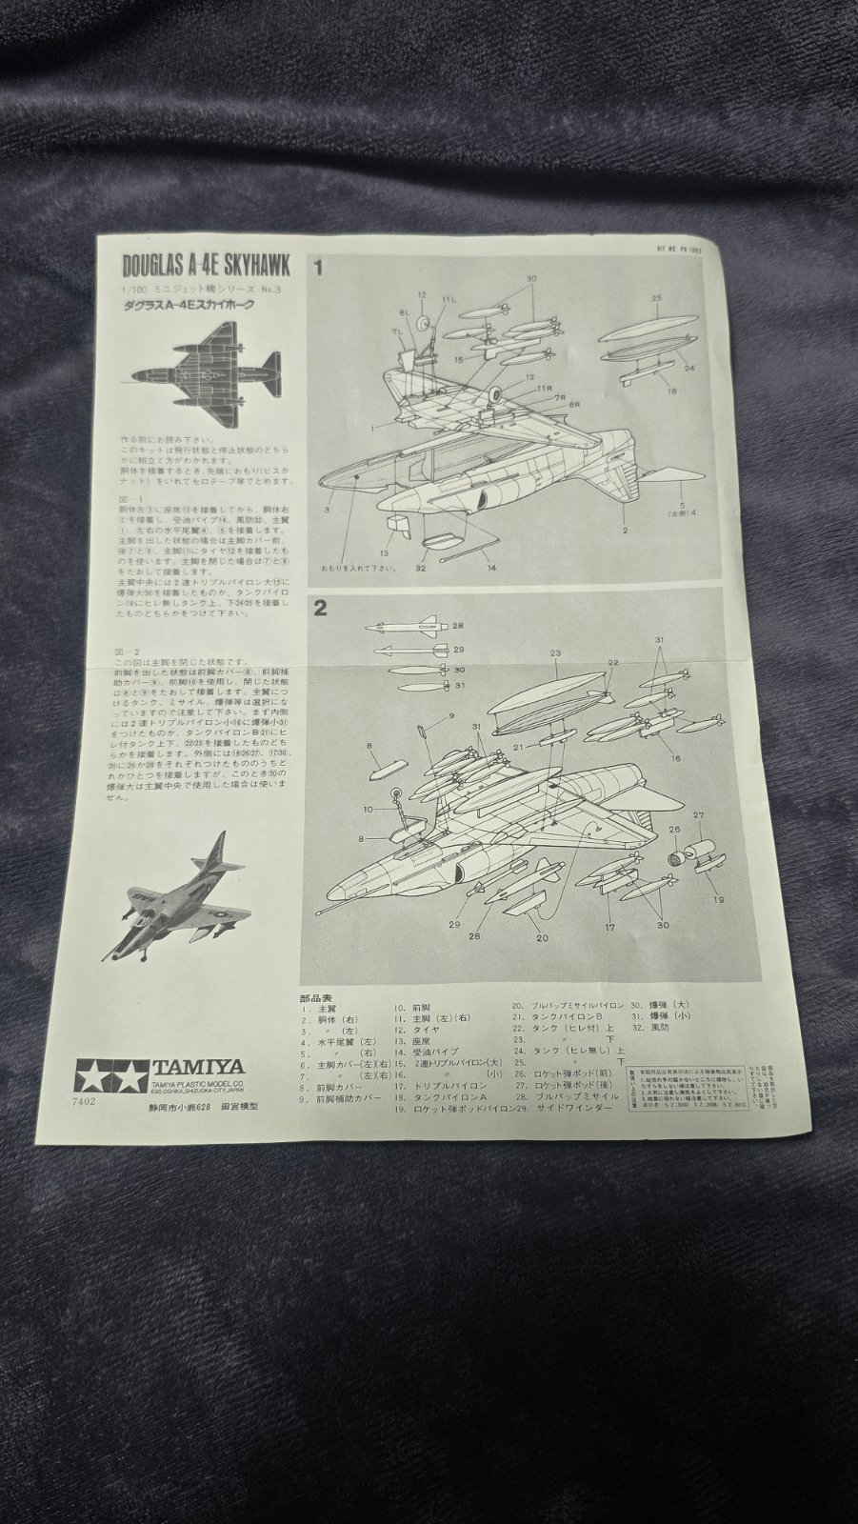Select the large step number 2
click(321, 611)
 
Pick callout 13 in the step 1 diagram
click(385, 552)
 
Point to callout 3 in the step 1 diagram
click(327, 511)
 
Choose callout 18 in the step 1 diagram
click(671, 391)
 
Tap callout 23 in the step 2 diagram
click(554, 653)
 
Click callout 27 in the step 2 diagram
click(697, 815)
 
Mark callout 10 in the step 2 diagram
click(368, 809)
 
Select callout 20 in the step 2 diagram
click(542, 938)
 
